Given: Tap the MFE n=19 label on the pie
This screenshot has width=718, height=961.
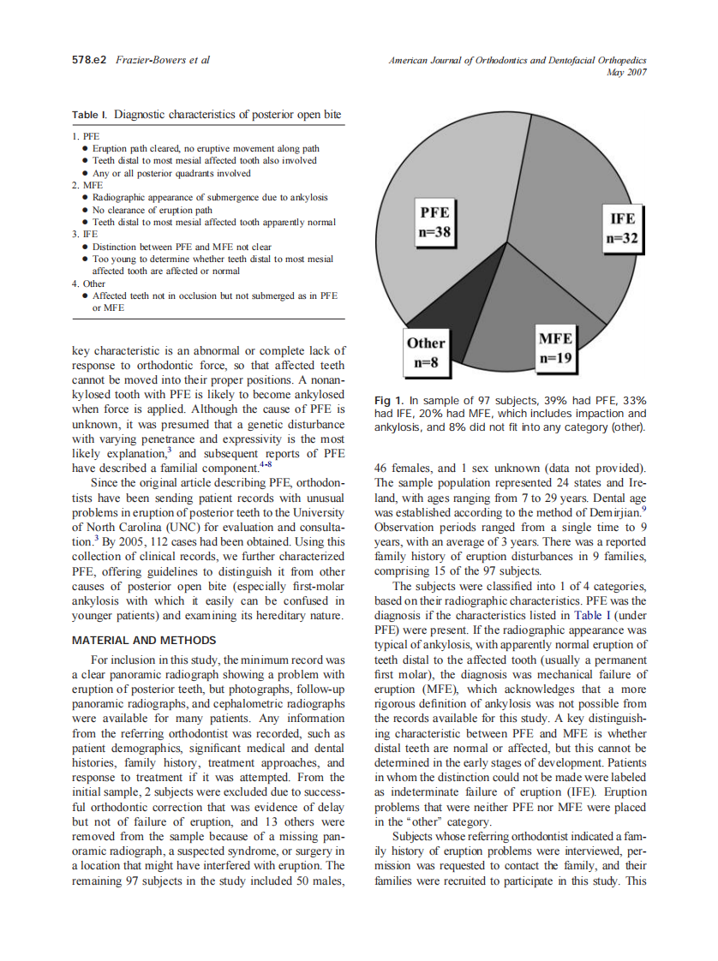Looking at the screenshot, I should (x=554, y=348).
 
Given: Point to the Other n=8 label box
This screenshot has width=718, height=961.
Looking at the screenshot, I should (x=426, y=352).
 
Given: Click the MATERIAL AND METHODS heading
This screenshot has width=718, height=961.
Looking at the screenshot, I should (x=144, y=640).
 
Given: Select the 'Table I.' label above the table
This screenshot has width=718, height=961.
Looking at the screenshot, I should (x=90, y=115).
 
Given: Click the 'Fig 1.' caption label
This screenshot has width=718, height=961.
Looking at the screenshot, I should (x=389, y=401).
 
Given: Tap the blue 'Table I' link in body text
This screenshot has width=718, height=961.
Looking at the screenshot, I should (x=592, y=615).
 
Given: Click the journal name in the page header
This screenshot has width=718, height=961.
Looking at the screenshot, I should (x=517, y=60).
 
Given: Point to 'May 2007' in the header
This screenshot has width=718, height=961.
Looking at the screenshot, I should (x=628, y=72).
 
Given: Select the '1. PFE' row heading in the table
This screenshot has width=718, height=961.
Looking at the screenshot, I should (x=86, y=136).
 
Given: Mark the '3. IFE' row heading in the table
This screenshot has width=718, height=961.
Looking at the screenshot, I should (x=86, y=234).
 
